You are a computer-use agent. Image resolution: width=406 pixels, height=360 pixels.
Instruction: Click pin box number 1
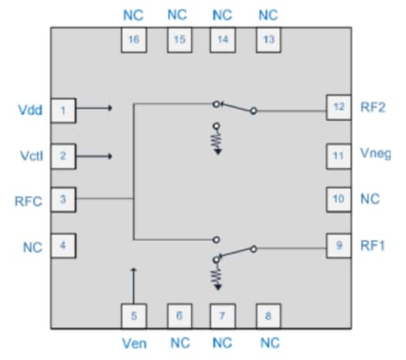pos(63,110)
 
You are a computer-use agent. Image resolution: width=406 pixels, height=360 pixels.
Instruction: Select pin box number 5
pos(134,315)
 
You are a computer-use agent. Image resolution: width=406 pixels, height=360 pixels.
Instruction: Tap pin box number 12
pos(338,109)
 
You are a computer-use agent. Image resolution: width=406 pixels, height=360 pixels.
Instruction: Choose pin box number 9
pos(338,247)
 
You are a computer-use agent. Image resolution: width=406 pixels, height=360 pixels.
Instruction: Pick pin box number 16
pos(134,41)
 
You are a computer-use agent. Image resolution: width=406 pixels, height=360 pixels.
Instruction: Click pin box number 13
pos(268,41)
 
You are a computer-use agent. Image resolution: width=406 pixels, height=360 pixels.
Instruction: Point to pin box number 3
pos(63,201)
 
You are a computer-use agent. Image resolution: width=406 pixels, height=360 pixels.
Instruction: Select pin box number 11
pos(338,155)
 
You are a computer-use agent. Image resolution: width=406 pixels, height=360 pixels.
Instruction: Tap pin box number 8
pos(268,315)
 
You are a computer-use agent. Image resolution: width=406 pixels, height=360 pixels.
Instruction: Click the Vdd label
pos(29,110)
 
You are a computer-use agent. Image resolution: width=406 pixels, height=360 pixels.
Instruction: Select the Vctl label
pos(29,156)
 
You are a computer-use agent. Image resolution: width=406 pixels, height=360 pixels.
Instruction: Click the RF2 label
pos(374,109)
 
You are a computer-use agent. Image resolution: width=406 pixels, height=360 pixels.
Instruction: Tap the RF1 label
pos(374,247)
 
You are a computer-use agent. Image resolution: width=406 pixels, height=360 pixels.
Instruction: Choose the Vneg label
pos(376,154)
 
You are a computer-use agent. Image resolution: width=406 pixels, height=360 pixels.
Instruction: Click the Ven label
pos(134,342)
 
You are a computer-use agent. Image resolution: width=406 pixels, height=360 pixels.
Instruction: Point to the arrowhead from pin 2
pos(111,156)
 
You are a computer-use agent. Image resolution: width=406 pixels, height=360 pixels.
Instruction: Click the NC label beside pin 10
pos(371,200)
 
